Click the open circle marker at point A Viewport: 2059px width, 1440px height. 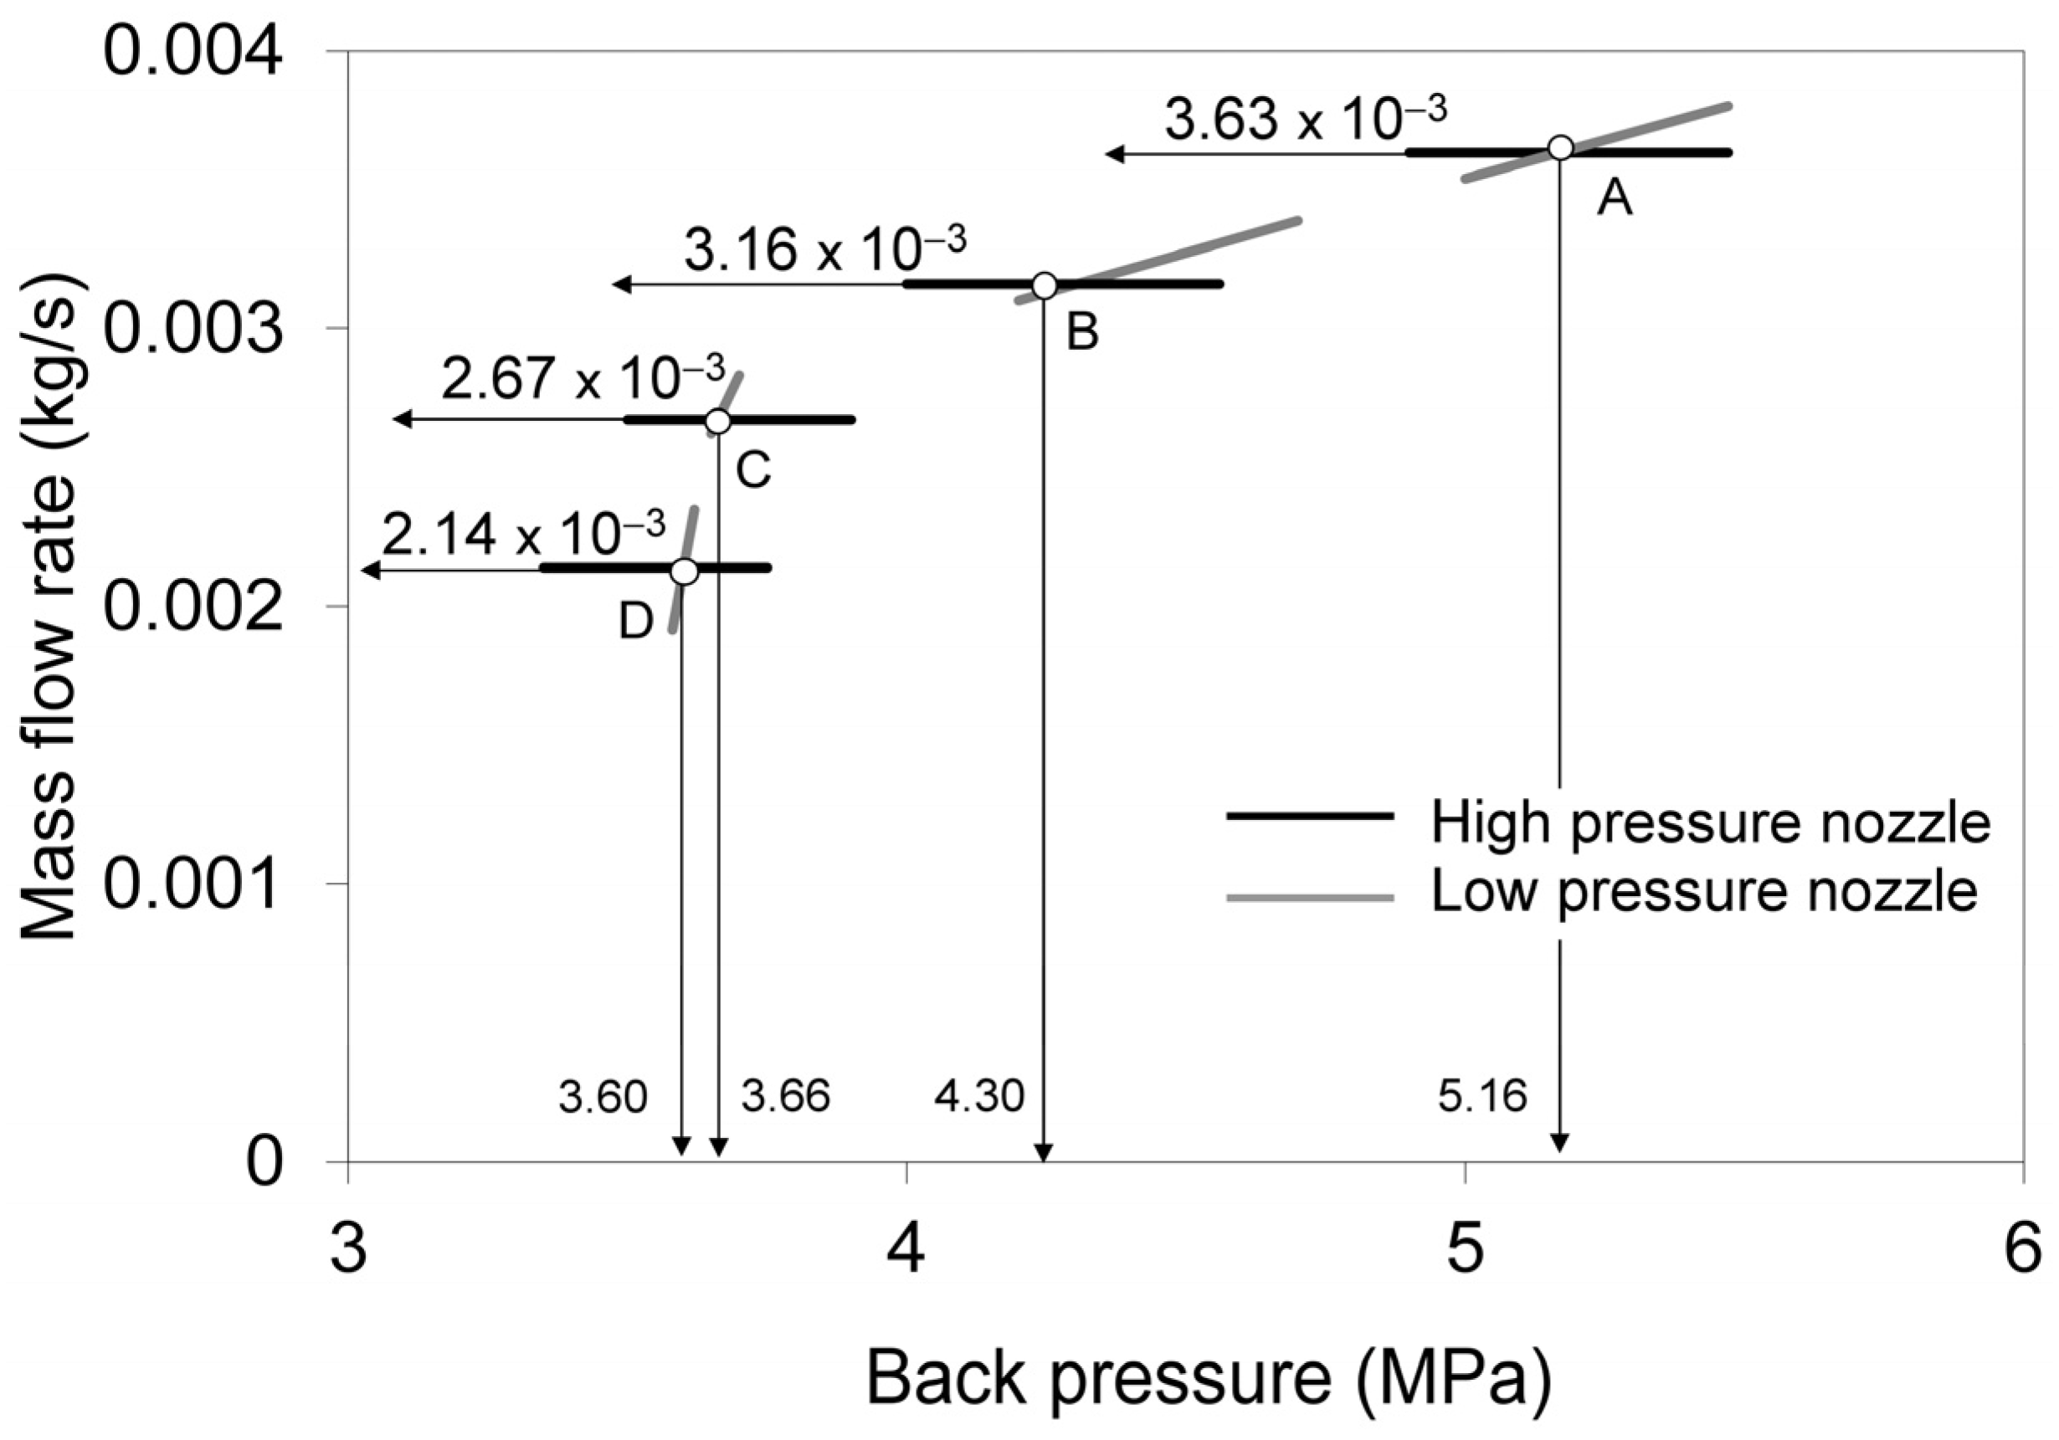[x=1560, y=148]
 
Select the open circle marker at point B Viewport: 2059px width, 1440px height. [x=1044, y=285]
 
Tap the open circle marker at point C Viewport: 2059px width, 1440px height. [x=717, y=421]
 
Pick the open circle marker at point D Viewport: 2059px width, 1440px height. [x=685, y=571]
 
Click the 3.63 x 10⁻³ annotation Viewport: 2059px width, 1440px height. [x=1306, y=120]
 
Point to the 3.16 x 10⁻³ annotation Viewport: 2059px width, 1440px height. [x=825, y=249]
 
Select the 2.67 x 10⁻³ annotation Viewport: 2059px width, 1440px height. [x=583, y=378]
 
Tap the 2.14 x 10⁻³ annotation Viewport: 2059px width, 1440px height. [x=524, y=536]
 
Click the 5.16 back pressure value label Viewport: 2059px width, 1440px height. [x=1482, y=1096]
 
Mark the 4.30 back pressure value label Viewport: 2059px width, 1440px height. [x=979, y=1096]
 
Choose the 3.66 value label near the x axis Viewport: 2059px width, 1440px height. [x=786, y=1096]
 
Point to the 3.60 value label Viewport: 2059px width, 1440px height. [x=603, y=1098]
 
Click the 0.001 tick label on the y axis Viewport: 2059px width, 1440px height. [x=193, y=884]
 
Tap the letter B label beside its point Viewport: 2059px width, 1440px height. [x=1082, y=334]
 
